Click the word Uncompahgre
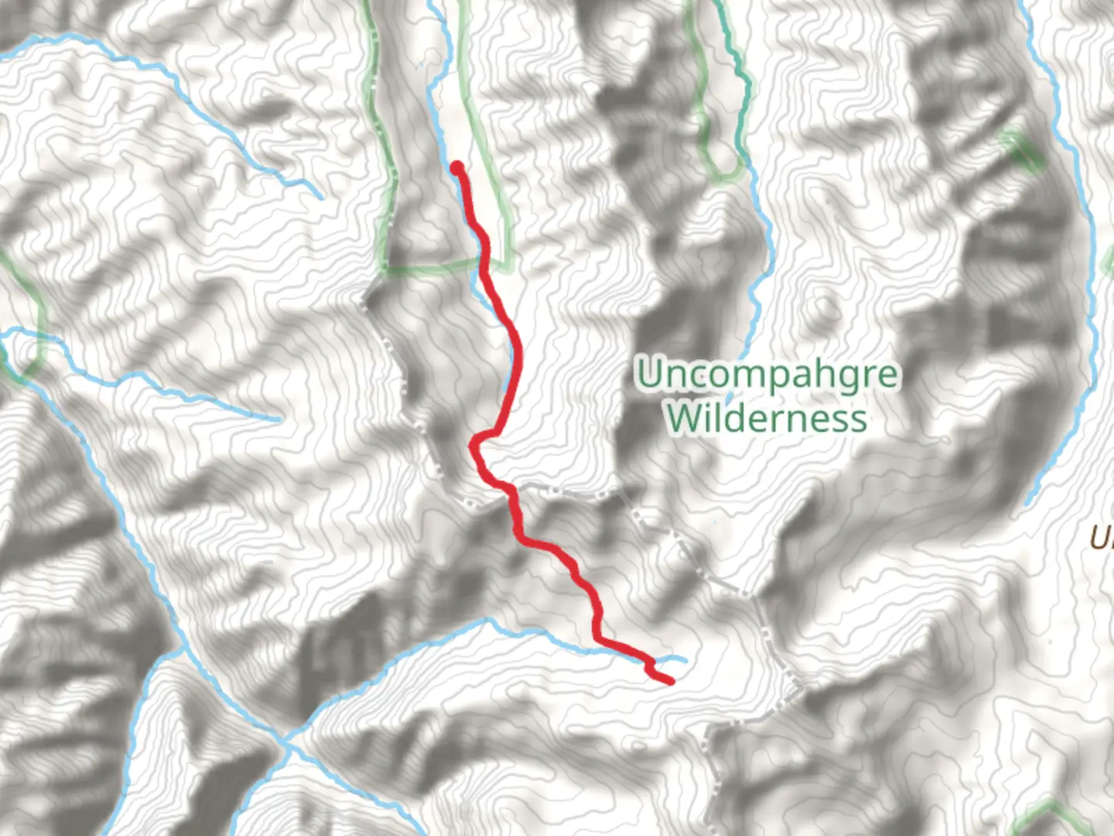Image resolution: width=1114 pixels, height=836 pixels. point(767,375)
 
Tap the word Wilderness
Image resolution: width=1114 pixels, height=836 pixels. point(767,418)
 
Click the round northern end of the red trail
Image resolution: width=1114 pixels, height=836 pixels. point(457,166)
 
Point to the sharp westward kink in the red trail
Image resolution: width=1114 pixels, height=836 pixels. point(473,444)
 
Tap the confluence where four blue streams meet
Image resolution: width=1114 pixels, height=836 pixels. point(286,745)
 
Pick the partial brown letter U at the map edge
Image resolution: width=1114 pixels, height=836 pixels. point(1102,537)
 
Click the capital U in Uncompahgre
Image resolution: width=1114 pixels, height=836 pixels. point(651,375)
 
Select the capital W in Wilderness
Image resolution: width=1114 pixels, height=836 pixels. point(682,418)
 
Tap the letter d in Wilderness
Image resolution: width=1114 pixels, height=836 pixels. point(743,418)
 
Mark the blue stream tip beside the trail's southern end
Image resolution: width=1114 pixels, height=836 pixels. point(685,659)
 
